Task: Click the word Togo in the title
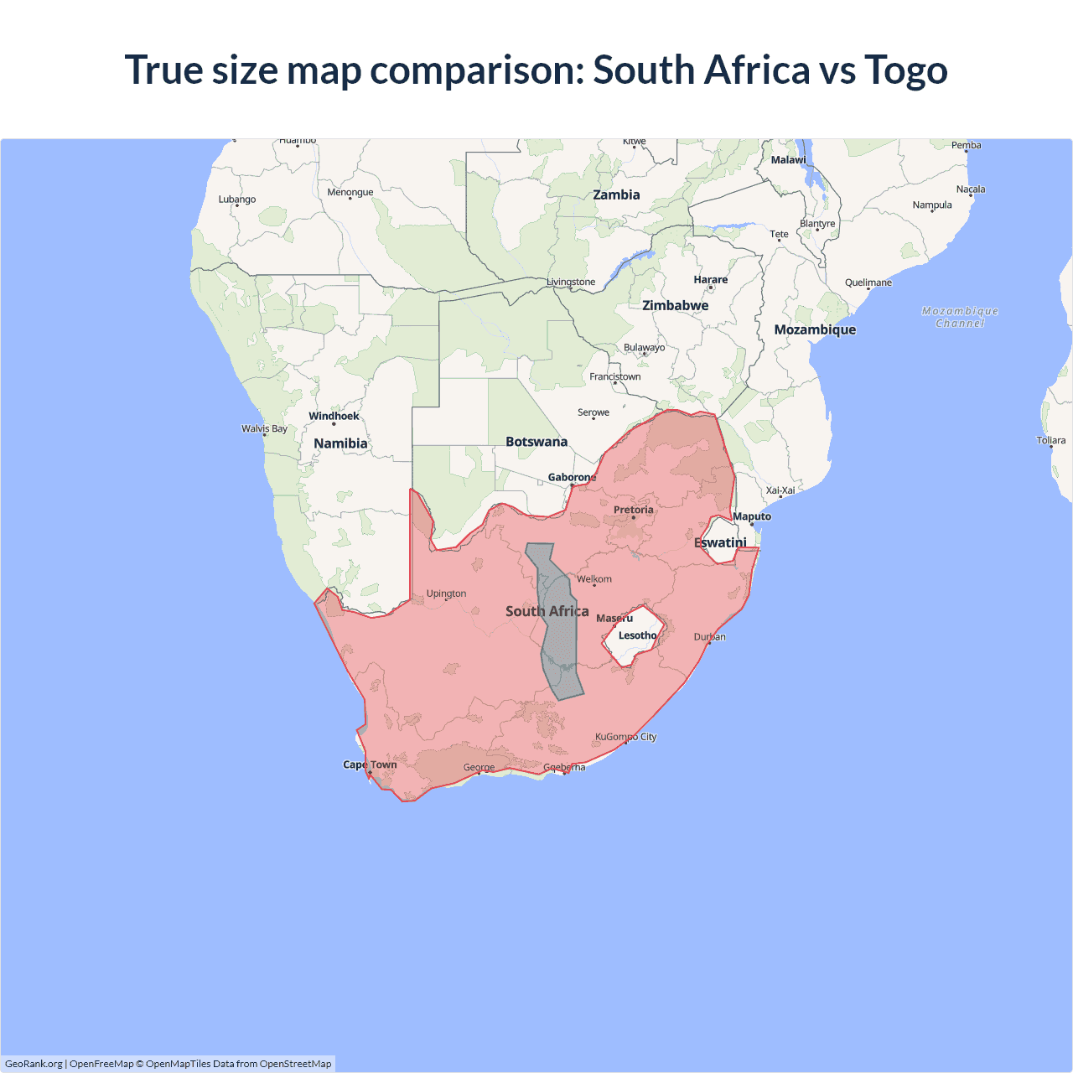click(905, 70)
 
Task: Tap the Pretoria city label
click(633, 510)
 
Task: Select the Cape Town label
click(370, 765)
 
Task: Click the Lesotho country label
click(637, 635)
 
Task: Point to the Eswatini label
click(720, 542)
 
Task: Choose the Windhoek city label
click(334, 416)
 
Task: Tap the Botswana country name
click(536, 442)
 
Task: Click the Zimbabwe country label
click(675, 305)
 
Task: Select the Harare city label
click(710, 280)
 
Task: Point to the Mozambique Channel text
click(960, 317)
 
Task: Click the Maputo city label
click(752, 516)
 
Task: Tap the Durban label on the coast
click(709, 637)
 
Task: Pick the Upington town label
click(446, 594)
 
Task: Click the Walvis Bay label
click(264, 428)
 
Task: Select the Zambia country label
click(616, 194)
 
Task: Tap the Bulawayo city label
click(644, 347)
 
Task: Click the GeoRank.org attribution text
click(34, 1064)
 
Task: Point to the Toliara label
click(1050, 440)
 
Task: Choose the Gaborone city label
click(572, 477)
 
